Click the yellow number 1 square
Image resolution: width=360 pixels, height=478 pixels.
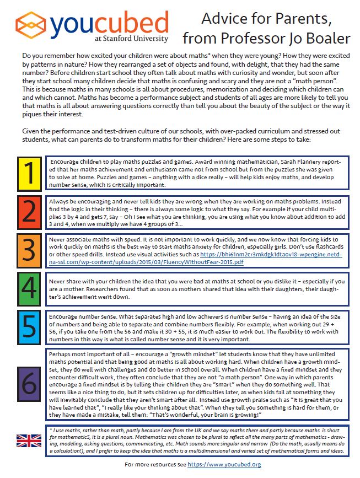point(27,173)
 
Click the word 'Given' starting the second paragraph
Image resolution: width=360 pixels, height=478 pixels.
point(30,132)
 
